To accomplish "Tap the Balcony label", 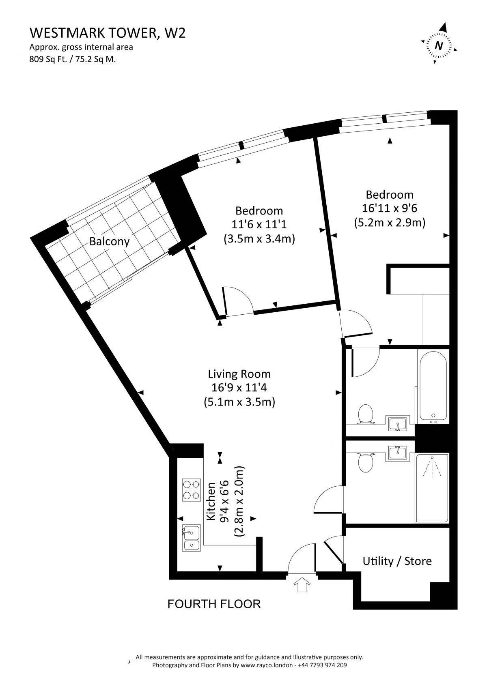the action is click(x=109, y=241).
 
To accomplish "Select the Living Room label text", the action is click(x=239, y=374).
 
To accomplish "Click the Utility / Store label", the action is click(x=397, y=561).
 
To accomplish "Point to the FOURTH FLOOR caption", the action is click(x=214, y=604).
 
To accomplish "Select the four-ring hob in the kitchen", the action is click(x=191, y=490).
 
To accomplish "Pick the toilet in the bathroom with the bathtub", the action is click(x=366, y=414).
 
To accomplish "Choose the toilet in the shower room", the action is click(x=366, y=462).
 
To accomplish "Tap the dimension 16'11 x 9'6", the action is click(x=390, y=208).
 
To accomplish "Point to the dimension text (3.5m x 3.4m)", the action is click(x=259, y=238).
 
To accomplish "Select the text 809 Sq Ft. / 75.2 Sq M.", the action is click(x=73, y=59).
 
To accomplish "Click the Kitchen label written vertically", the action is click(x=211, y=501).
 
